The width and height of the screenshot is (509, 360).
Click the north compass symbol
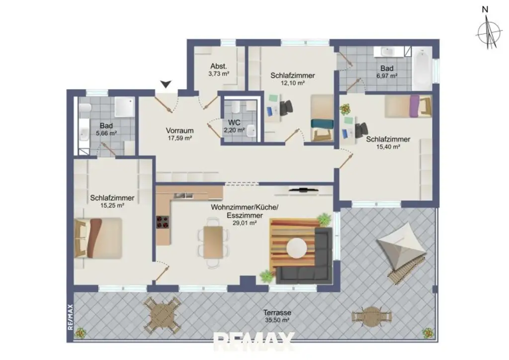coord(489,31)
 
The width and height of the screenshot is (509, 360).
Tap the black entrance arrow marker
coord(166,84)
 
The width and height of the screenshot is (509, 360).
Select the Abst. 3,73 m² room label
coord(219,70)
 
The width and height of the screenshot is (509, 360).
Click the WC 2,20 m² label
coord(234,126)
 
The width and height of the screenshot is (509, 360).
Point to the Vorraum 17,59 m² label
coord(180,134)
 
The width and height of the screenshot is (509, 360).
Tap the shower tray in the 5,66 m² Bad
coord(125,106)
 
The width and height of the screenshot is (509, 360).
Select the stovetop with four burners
coord(163,222)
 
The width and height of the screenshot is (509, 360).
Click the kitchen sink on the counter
coord(183,195)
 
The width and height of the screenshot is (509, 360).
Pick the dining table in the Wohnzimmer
coord(213,243)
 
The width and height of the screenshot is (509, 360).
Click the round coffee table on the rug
coord(297,248)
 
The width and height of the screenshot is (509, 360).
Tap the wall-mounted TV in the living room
coord(303,189)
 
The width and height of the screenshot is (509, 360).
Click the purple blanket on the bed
coord(414,106)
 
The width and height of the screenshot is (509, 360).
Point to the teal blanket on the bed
coord(322,124)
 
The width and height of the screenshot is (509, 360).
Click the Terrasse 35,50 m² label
coord(277,316)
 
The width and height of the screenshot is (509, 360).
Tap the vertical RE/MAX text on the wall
coord(71,317)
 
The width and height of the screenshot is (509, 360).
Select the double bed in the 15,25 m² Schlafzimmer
coord(98,238)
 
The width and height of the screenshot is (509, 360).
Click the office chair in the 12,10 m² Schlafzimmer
coord(286,107)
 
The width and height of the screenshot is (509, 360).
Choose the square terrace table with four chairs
coord(162,315)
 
